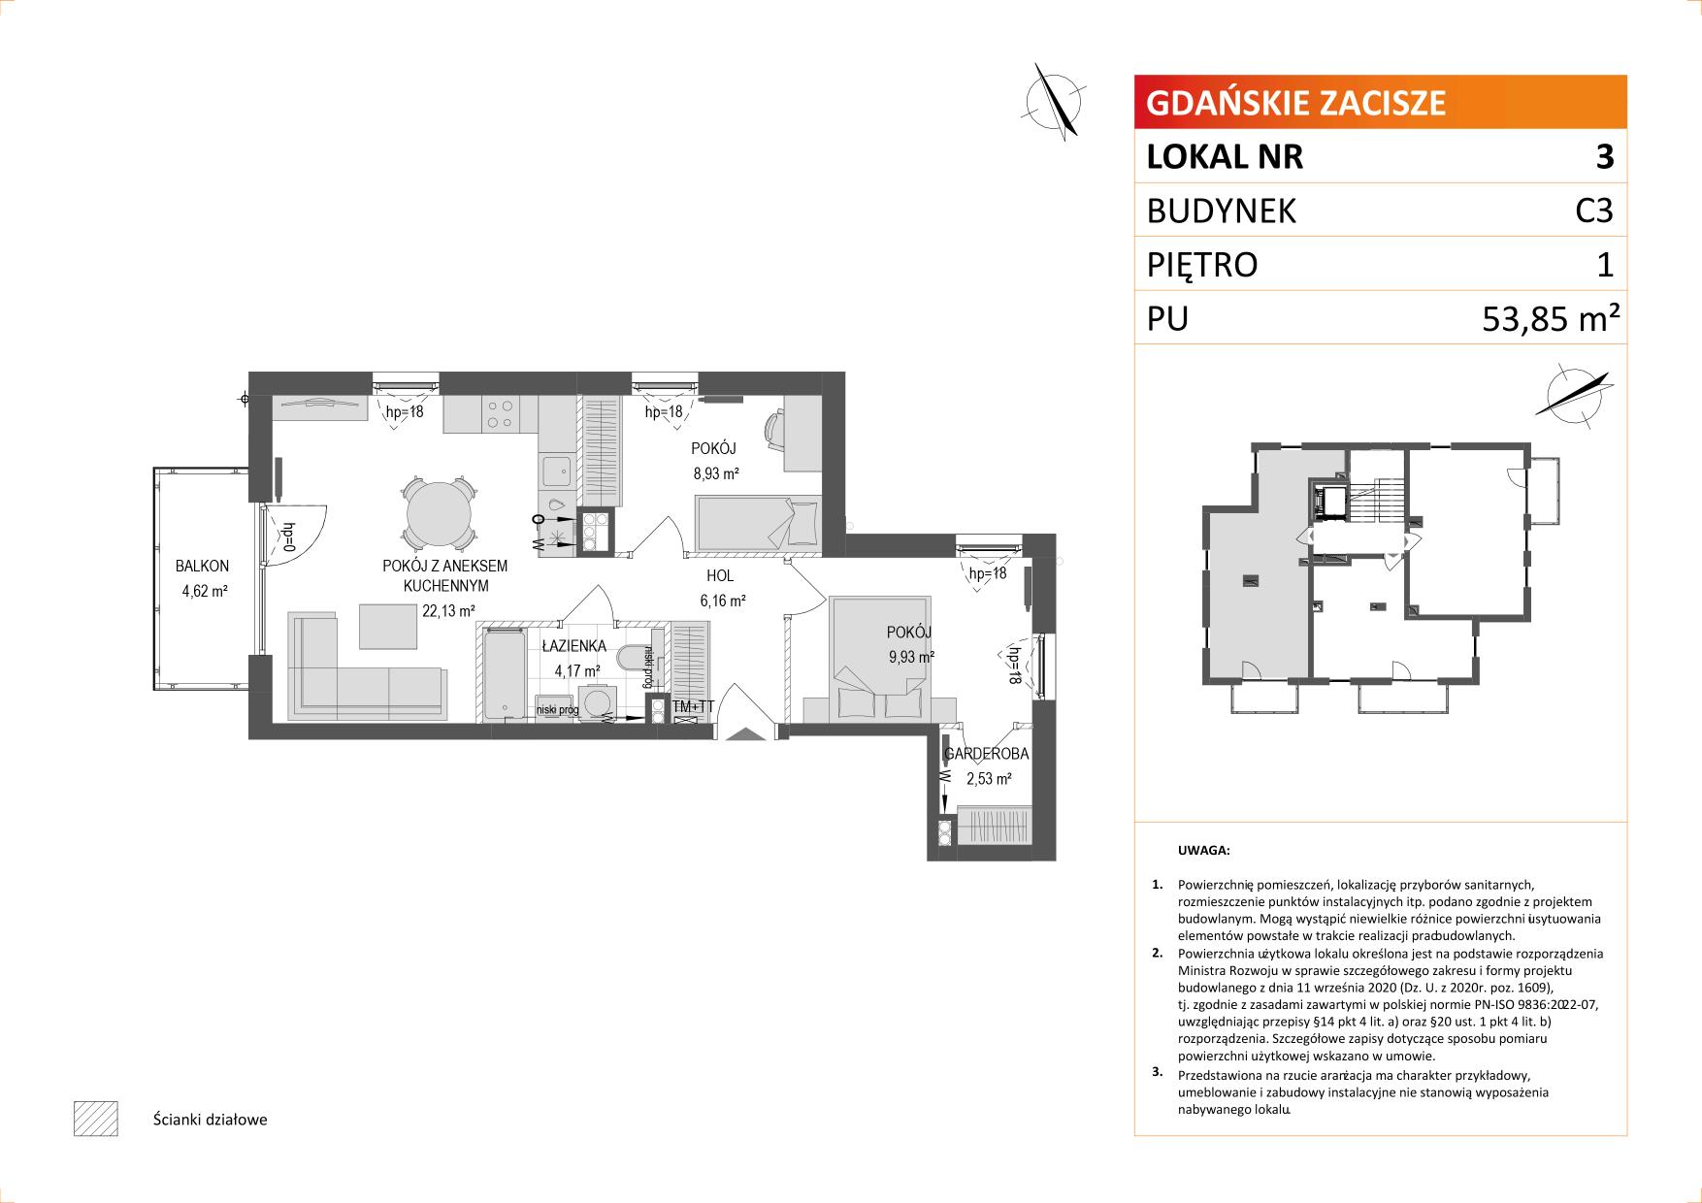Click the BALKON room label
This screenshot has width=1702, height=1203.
point(202,566)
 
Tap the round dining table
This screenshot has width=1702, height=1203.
point(441,514)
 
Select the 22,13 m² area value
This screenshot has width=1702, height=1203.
point(447,610)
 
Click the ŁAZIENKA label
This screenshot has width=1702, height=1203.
point(574,645)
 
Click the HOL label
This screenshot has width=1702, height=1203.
point(719,576)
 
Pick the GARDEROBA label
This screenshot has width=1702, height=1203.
point(986,753)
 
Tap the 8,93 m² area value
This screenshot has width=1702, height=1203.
point(716,473)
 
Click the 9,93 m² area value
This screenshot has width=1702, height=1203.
point(910,657)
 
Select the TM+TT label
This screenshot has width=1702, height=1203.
point(693,706)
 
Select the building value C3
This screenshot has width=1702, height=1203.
point(1594,211)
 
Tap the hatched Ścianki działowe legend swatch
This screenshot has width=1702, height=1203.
point(95,1119)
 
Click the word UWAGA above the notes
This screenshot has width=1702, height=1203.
point(1203,850)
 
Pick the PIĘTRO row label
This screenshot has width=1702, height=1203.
point(1202,265)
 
